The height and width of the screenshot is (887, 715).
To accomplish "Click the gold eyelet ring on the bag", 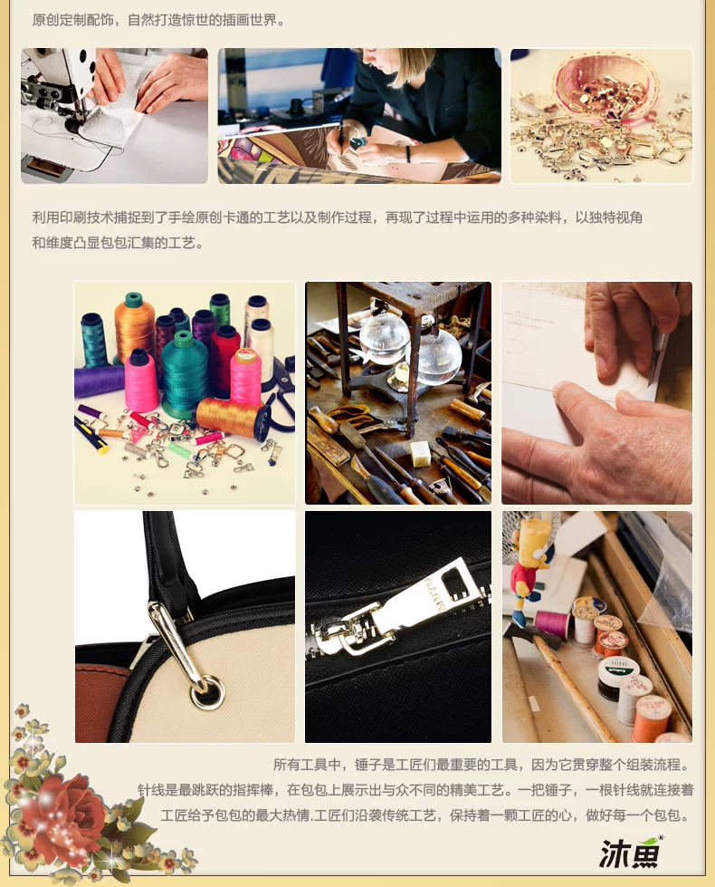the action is (x=207, y=692).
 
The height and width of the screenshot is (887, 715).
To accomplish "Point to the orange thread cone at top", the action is (x=134, y=324).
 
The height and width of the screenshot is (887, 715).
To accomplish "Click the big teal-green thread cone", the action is (x=185, y=373).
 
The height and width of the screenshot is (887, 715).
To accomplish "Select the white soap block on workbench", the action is (x=420, y=454).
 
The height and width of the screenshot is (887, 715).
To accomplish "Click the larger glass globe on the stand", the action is (x=437, y=354).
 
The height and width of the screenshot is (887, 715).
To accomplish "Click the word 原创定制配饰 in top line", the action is (x=73, y=20).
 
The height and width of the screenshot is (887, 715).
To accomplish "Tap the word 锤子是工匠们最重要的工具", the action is (x=435, y=765).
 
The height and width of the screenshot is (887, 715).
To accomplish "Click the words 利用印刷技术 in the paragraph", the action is (x=73, y=217).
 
